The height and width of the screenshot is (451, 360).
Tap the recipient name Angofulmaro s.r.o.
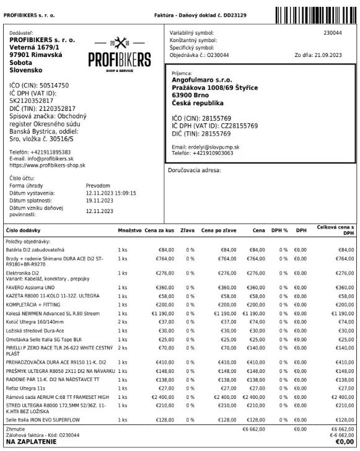pyautogui.click(x=200, y=80)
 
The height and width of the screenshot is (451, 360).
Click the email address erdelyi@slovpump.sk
pyautogui.click(x=214, y=146)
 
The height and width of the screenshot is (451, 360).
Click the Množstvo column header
pyautogui.click(x=130, y=230)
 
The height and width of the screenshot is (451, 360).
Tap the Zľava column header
pyautogui.click(x=187, y=230)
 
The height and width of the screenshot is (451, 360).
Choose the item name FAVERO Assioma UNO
pyautogui.click(x=30, y=288)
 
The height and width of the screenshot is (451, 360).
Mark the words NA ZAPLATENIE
pyautogui.click(x=31, y=442)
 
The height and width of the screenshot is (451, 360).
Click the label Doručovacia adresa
pyautogui.click(x=195, y=169)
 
